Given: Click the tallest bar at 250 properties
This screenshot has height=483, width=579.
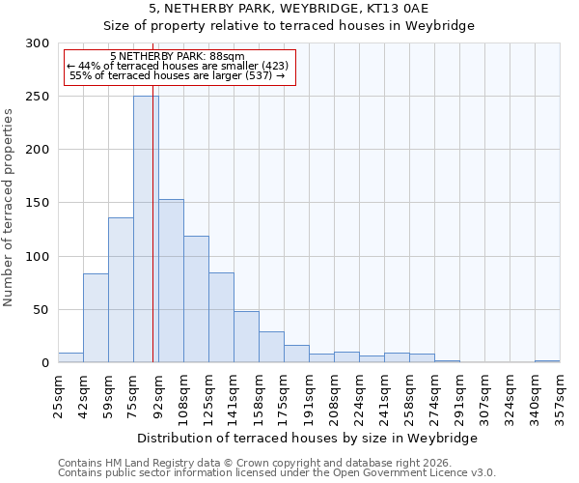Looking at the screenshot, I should (x=146, y=229).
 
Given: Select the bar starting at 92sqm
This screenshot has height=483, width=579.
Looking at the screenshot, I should (x=171, y=280).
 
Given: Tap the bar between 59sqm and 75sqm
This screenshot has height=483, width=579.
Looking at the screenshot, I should (x=121, y=290).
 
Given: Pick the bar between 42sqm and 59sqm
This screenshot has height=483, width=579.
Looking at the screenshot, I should (x=96, y=318).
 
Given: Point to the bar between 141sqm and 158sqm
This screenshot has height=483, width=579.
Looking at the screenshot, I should (x=246, y=337).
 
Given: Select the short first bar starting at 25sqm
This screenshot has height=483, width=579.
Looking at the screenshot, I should (x=70, y=357).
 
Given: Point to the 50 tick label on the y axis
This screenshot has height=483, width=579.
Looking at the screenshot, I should (x=41, y=310).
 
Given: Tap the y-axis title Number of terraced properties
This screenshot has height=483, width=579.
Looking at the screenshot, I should (x=9, y=207).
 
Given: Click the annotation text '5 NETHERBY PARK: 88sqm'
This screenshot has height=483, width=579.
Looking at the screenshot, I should (x=178, y=57).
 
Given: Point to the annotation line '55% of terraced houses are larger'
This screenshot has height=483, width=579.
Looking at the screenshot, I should (x=178, y=75).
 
